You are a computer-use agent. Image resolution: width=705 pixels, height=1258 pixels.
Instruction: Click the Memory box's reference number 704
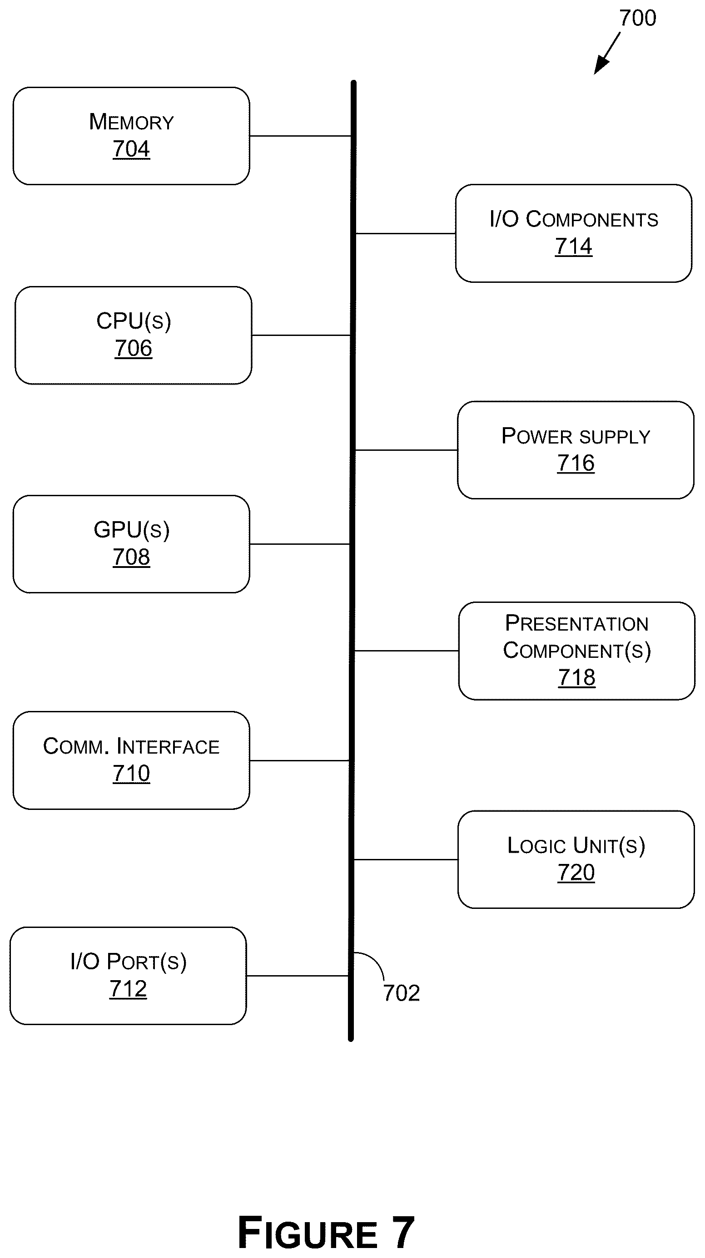[x=131, y=149]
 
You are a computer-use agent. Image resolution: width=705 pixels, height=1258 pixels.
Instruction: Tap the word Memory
[x=131, y=122]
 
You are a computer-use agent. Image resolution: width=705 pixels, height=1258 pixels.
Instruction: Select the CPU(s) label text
[x=134, y=321]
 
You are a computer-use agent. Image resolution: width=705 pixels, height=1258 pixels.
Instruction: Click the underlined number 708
[x=131, y=557]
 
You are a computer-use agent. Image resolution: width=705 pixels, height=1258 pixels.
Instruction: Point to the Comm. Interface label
[x=131, y=746]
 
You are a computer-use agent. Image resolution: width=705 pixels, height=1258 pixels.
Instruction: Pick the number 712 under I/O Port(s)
[x=128, y=989]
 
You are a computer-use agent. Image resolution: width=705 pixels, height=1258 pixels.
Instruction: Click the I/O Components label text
[x=574, y=219]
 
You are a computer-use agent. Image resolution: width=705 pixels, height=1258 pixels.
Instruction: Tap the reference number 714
[x=574, y=246]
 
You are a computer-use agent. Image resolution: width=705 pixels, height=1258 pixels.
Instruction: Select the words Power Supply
[x=576, y=436]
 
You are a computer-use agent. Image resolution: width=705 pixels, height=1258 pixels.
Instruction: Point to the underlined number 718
[x=576, y=677]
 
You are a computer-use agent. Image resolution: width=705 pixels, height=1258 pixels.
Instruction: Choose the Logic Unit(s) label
[x=576, y=845]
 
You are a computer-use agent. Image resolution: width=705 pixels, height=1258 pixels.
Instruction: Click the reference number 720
[x=576, y=872]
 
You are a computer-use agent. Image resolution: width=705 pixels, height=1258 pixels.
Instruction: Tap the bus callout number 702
[x=401, y=993]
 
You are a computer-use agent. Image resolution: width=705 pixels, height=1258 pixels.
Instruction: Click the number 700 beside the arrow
[x=638, y=18]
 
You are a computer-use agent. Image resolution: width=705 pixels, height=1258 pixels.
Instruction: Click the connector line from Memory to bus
[x=300, y=136]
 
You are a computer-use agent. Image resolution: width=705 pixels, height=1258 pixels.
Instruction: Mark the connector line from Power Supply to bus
[x=407, y=450]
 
